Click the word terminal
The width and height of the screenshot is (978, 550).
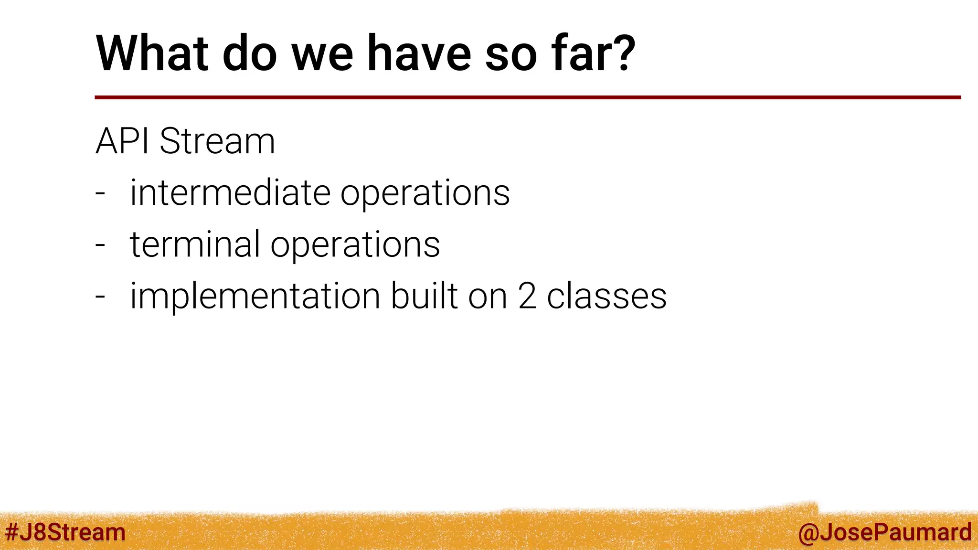pos(195,244)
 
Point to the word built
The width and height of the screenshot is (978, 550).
pos(424,296)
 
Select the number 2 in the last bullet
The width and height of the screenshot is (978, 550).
pos(527,296)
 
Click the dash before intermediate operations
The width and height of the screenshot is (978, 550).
pos(100,194)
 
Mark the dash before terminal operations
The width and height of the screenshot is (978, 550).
pos(100,245)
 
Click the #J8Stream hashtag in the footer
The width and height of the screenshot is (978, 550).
pos(65,532)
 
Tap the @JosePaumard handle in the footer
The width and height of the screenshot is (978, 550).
pos(884,532)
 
